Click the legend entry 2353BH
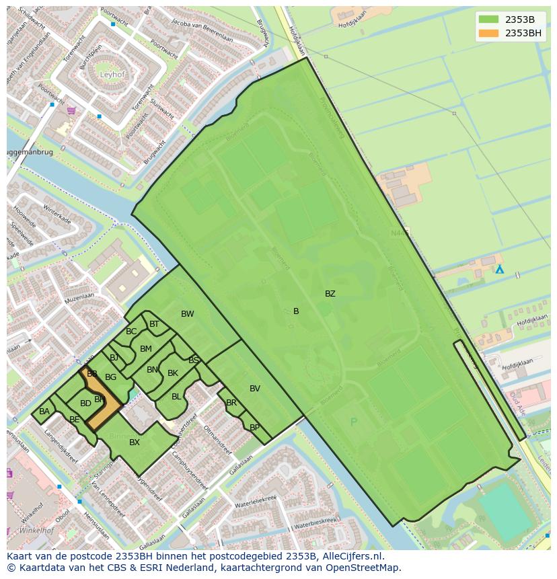[x=523, y=33]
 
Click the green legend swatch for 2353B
[x=489, y=19]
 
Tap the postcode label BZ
[x=330, y=294]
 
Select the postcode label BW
[x=187, y=314]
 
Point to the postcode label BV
[x=254, y=389]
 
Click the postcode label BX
[x=135, y=442]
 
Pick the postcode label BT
[x=154, y=324]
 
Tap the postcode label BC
[x=131, y=332]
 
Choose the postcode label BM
[x=145, y=349]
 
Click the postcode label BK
[x=173, y=373]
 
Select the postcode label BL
[x=176, y=397]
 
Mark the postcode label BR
[x=231, y=403]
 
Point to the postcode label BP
[x=254, y=428]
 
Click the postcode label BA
[x=44, y=412]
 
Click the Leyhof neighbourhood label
[x=112, y=75]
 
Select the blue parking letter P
[x=354, y=422]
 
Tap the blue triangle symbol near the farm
[x=499, y=269]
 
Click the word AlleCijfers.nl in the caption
[x=352, y=556]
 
